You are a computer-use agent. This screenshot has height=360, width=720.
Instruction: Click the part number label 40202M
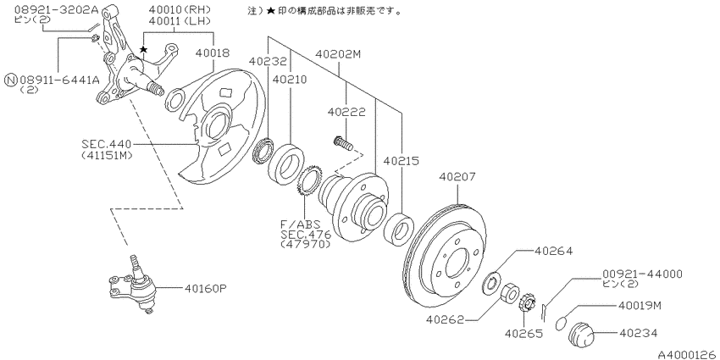tap(339, 55)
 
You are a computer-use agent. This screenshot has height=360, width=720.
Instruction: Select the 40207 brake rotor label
tap(457, 177)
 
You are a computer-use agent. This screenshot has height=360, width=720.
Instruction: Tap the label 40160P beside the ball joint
tap(206, 289)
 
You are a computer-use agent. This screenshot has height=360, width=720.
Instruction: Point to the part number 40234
tap(639, 333)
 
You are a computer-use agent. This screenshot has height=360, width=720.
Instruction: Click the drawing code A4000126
tap(689, 354)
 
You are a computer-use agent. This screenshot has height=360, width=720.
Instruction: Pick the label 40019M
tap(640, 306)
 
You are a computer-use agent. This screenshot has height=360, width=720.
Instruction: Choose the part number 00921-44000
tap(642, 274)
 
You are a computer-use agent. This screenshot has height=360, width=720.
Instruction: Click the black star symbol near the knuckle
tap(144, 49)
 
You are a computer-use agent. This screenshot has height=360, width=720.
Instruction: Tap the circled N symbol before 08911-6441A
tap(10, 80)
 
